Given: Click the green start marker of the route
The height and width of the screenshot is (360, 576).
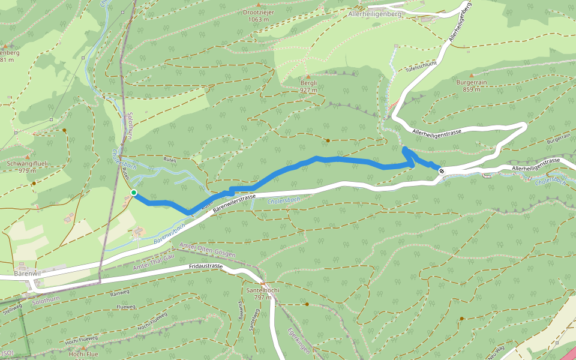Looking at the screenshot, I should point(134,193).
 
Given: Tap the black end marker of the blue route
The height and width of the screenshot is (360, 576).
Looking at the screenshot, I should point(442,172).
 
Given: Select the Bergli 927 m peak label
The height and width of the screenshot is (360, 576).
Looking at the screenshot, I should point(308,86).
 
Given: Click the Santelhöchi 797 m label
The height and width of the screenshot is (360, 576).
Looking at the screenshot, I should point(263,293).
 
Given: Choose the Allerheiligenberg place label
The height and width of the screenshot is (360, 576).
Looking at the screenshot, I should point(374,13).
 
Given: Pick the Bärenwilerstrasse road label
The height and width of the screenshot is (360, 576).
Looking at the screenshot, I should point(235,202).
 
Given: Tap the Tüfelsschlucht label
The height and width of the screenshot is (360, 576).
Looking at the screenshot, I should point(421,67).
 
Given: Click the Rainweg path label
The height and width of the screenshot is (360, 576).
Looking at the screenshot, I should point(121,294).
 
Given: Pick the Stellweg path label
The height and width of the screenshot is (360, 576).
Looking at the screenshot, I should point(12,310).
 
